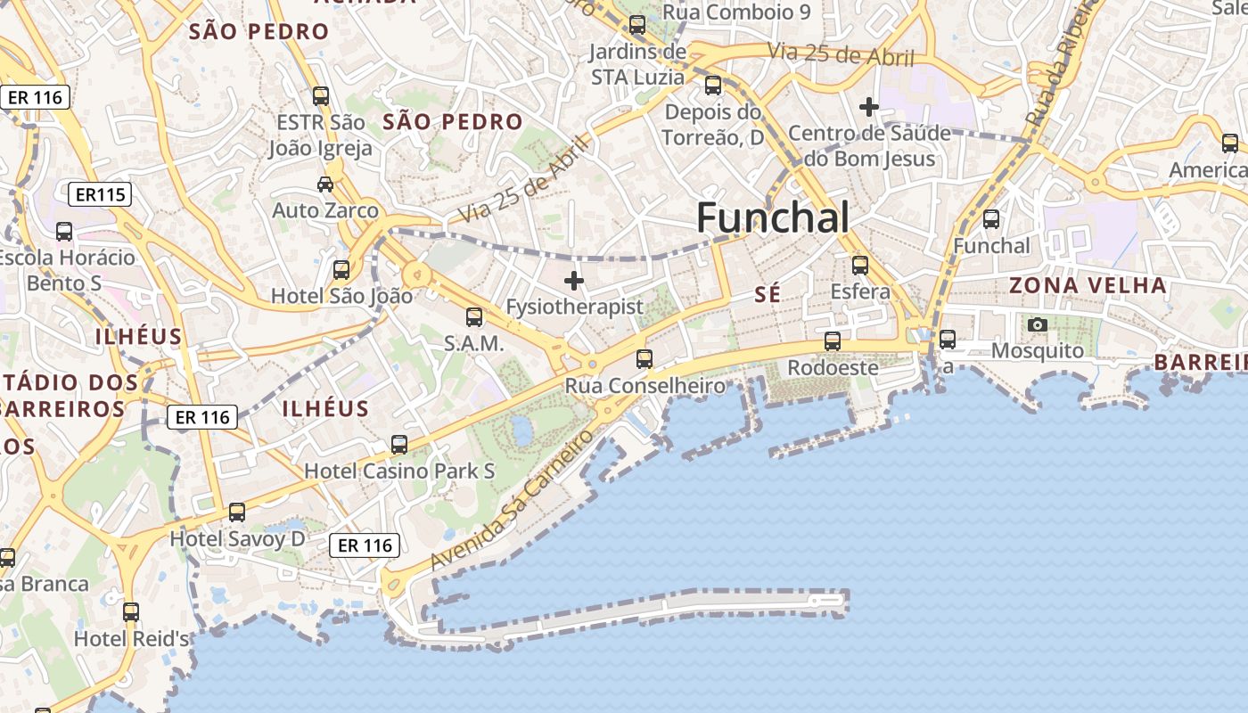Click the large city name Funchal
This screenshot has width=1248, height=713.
tap(772, 217)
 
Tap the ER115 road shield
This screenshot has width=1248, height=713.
tap(100, 194)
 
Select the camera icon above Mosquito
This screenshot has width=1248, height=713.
tap(1037, 325)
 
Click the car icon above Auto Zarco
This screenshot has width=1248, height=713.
tap(325, 184)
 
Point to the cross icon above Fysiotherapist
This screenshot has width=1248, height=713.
tap(574, 282)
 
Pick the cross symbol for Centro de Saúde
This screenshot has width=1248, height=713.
tap(868, 107)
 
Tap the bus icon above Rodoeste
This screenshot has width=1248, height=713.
tap(832, 341)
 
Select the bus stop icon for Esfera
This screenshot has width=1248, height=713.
tap(859, 266)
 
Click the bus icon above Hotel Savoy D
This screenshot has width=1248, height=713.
tap(236, 512)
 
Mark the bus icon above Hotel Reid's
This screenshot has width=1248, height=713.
tap(131, 612)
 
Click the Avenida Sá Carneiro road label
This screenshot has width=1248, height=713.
tap(512, 500)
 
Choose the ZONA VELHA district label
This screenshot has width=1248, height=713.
tap(1087, 286)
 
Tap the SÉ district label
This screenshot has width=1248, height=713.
tap(768, 295)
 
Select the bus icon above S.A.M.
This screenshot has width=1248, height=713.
tap(474, 317)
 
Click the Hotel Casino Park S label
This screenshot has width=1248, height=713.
tap(399, 471)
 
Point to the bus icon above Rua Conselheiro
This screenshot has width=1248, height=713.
tap(644, 359)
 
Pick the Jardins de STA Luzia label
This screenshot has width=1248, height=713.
tap(637, 64)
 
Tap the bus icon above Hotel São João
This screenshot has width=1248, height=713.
tap(341, 270)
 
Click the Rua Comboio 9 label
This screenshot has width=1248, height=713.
tap(736, 12)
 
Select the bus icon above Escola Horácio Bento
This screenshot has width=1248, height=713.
tap(64, 232)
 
